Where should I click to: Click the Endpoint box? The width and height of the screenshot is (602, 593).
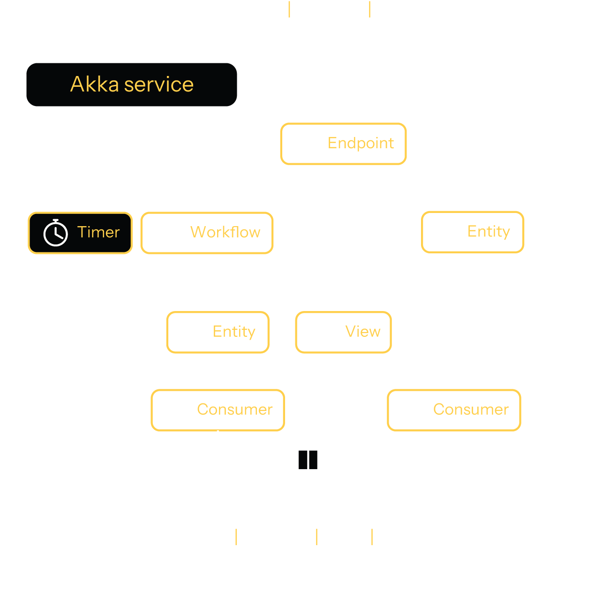343,144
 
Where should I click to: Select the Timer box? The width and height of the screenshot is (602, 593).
80,233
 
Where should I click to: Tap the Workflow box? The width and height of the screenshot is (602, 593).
207,233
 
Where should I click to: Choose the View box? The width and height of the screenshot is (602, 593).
343,332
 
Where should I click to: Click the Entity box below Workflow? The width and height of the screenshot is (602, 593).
218,332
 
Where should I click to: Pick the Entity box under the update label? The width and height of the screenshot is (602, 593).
473,232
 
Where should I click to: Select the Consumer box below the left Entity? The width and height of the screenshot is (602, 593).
218,410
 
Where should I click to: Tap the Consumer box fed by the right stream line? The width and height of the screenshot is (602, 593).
454,410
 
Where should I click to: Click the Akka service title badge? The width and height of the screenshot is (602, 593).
132,84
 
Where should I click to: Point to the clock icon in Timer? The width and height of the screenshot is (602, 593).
55,233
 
